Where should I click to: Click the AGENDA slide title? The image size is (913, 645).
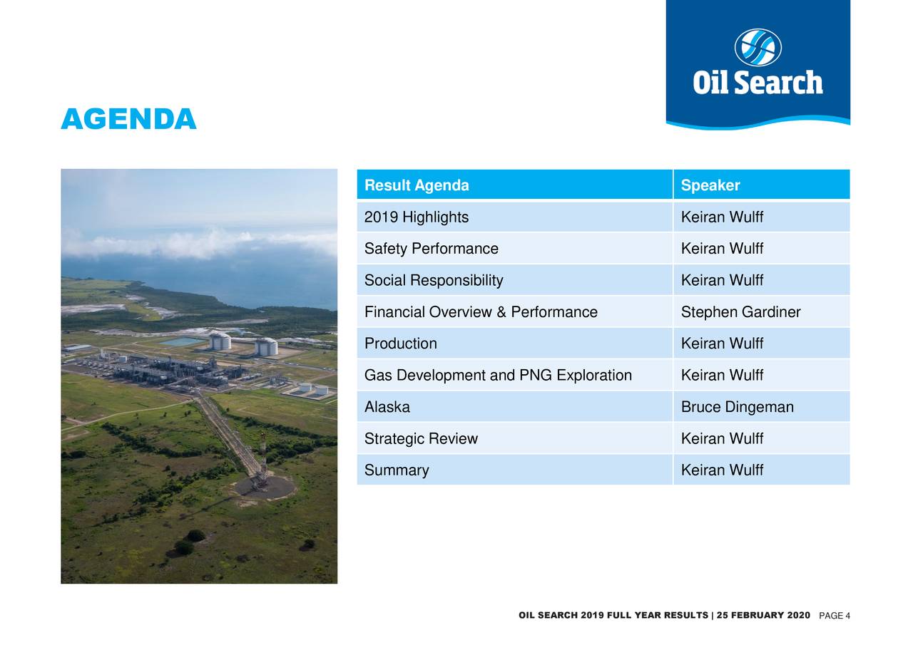tap(129, 119)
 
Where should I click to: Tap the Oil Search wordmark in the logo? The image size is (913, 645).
tap(758, 83)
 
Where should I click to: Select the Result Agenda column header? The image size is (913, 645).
tap(417, 185)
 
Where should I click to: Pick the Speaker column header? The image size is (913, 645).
tap(710, 185)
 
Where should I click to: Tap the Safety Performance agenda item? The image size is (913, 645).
tap(432, 249)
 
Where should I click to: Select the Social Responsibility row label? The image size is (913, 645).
tap(434, 280)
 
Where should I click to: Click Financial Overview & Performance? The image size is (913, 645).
tap(481, 312)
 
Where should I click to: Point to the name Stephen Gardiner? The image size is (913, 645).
tap(740, 312)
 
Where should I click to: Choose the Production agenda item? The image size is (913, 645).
tap(401, 344)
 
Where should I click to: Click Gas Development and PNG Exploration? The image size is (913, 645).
tap(498, 375)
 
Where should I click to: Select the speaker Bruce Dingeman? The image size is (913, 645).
tap(738, 407)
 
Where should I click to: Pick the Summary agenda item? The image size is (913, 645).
tap(397, 470)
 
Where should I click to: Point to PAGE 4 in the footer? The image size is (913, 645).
tap(835, 615)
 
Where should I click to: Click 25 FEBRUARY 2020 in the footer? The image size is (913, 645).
tap(763, 615)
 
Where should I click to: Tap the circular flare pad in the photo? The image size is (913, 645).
tap(265, 487)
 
